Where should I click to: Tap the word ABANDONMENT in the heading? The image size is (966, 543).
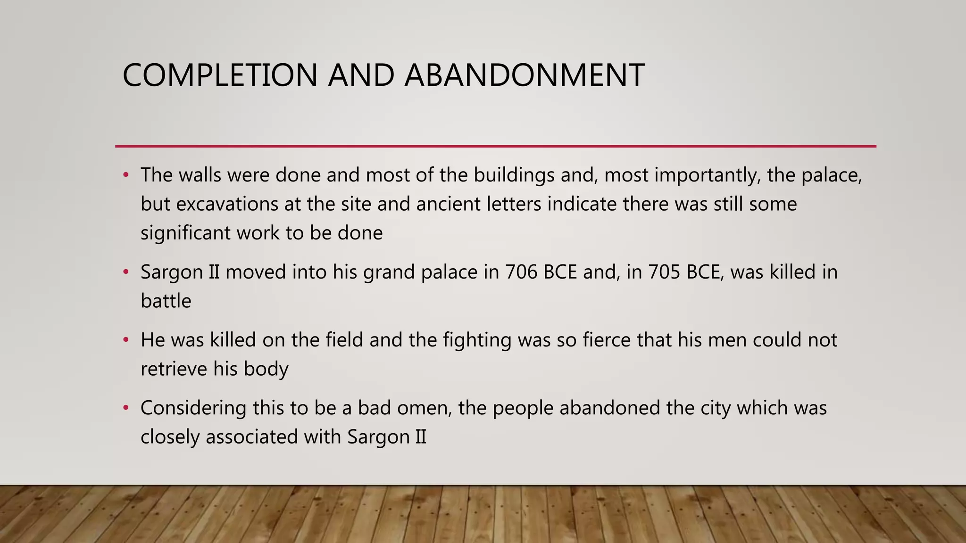pos(524,75)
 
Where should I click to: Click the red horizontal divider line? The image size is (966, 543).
pos(495,146)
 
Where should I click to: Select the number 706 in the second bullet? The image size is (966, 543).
pos(521,272)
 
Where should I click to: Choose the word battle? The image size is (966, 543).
pos(166,301)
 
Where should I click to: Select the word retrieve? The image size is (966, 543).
pos(174,369)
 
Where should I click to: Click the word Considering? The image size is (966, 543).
pos(193,408)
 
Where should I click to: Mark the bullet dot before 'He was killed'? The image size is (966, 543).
pos(125,340)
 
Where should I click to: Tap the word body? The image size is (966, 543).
pos(266,369)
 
